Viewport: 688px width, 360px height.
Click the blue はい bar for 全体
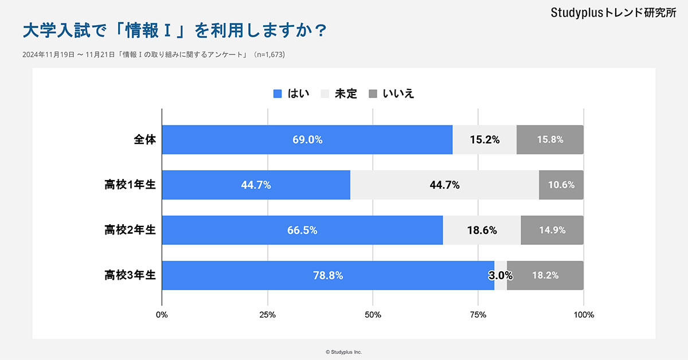307,139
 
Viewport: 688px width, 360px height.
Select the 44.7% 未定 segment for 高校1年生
444,185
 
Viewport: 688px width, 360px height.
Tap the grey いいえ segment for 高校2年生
552,230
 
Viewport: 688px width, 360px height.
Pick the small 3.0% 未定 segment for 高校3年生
501,275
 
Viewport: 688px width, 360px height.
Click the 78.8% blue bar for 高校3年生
328,275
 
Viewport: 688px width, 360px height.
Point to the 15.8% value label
550,139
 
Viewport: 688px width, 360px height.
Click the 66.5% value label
302,230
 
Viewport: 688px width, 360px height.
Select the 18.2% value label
545,275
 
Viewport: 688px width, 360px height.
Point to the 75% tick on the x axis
478,315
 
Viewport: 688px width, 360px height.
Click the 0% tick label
162,315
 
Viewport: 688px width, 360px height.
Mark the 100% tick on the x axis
584,315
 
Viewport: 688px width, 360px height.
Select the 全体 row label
145,139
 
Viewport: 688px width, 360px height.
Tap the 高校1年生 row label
130,185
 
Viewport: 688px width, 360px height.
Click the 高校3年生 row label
130,275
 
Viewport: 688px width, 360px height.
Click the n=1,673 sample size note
270,55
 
